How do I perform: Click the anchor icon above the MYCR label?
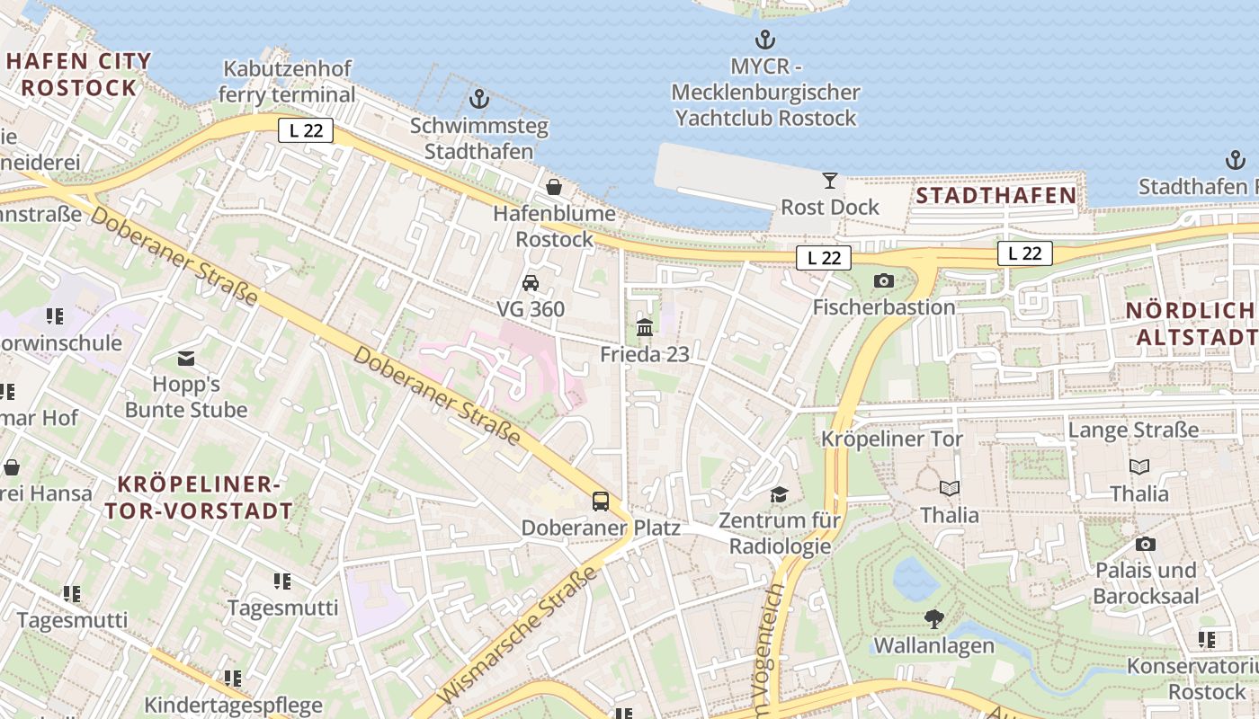(x=764, y=40)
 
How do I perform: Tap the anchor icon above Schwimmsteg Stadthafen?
(x=479, y=99)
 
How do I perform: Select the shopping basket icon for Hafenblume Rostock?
(x=554, y=187)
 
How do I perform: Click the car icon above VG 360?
(x=531, y=282)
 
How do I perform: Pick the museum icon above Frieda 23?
(x=645, y=327)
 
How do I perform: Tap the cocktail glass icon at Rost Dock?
(x=829, y=180)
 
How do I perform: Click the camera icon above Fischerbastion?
(x=883, y=280)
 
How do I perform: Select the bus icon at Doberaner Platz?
(x=600, y=502)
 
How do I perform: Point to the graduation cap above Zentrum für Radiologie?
(x=779, y=494)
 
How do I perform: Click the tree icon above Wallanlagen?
(x=933, y=618)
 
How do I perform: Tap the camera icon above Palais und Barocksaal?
(x=1145, y=544)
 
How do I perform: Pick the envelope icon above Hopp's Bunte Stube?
(x=186, y=359)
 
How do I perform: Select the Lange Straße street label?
(x=1132, y=430)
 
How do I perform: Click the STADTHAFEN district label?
(x=996, y=195)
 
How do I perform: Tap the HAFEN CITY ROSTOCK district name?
(x=79, y=75)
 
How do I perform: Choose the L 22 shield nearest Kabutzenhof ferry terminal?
(x=305, y=130)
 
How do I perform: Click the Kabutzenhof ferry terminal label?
(x=287, y=81)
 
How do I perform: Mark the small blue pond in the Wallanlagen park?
(x=915, y=578)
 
